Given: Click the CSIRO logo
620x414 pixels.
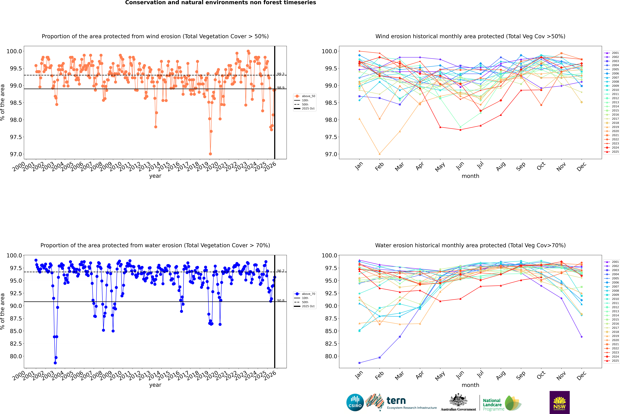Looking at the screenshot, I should click(x=355, y=402).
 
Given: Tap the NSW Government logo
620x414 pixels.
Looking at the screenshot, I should click(x=559, y=402).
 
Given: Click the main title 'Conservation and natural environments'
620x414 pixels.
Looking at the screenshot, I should click(x=220, y=3).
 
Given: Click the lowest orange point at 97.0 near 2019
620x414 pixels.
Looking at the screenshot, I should click(x=210, y=154).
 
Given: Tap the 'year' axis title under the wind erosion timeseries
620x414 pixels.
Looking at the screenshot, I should click(x=155, y=176).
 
